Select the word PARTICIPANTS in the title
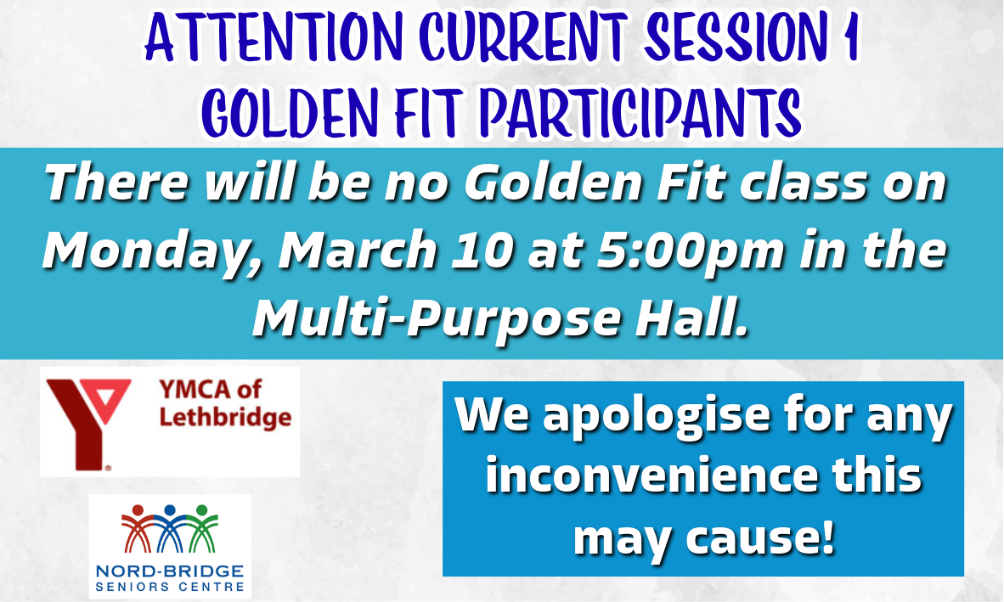pyautogui.click(x=640, y=113)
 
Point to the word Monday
pyautogui.click(x=154, y=251)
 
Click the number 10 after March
pyautogui.click(x=482, y=250)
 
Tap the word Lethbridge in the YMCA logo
pyautogui.click(x=225, y=418)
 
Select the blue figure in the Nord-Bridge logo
pyautogui.click(x=170, y=529)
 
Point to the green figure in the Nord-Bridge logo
pyautogui.click(x=202, y=529)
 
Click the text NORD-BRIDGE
pyautogui.click(x=170, y=571)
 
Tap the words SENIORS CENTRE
pyautogui.click(x=170, y=587)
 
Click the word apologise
pyautogui.click(x=657, y=417)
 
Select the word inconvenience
pyautogui.click(x=651, y=475)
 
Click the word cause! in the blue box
pyautogui.click(x=761, y=537)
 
